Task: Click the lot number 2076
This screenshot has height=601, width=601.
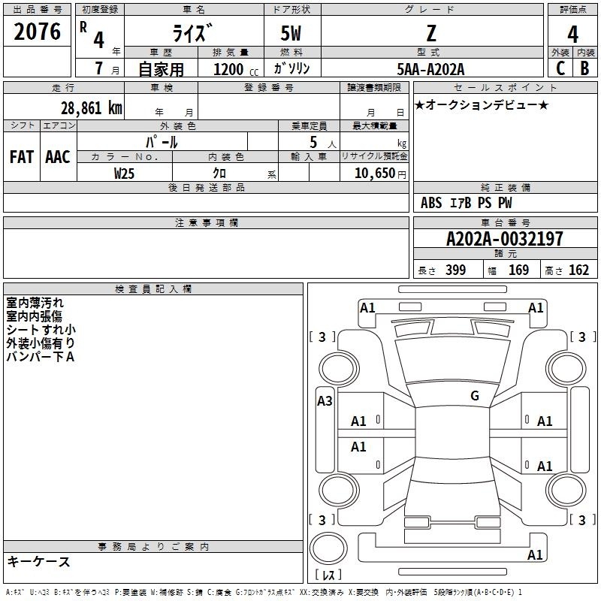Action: (37, 32)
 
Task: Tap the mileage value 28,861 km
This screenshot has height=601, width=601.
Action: (91, 108)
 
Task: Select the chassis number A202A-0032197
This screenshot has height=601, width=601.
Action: (505, 239)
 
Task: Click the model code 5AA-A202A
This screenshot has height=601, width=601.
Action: (430, 69)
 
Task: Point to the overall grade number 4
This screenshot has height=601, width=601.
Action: (572, 35)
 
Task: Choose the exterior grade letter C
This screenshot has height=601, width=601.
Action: (560, 68)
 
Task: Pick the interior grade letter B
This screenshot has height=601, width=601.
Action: (584, 68)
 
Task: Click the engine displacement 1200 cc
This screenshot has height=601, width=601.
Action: (236, 69)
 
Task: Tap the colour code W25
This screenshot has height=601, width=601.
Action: (124, 174)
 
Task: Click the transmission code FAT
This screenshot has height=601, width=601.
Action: (22, 157)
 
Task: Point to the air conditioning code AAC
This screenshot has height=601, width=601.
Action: (58, 157)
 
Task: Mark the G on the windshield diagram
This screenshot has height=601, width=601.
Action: (475, 396)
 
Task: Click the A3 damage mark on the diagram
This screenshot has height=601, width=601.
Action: (325, 401)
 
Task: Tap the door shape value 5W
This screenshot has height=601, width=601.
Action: (291, 33)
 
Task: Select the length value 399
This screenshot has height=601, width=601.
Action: (455, 270)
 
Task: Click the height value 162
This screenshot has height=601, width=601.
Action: (578, 270)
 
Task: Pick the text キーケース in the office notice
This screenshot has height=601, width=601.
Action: (39, 561)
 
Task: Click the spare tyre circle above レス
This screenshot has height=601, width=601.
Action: (328, 548)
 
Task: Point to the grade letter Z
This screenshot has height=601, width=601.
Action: (431, 33)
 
